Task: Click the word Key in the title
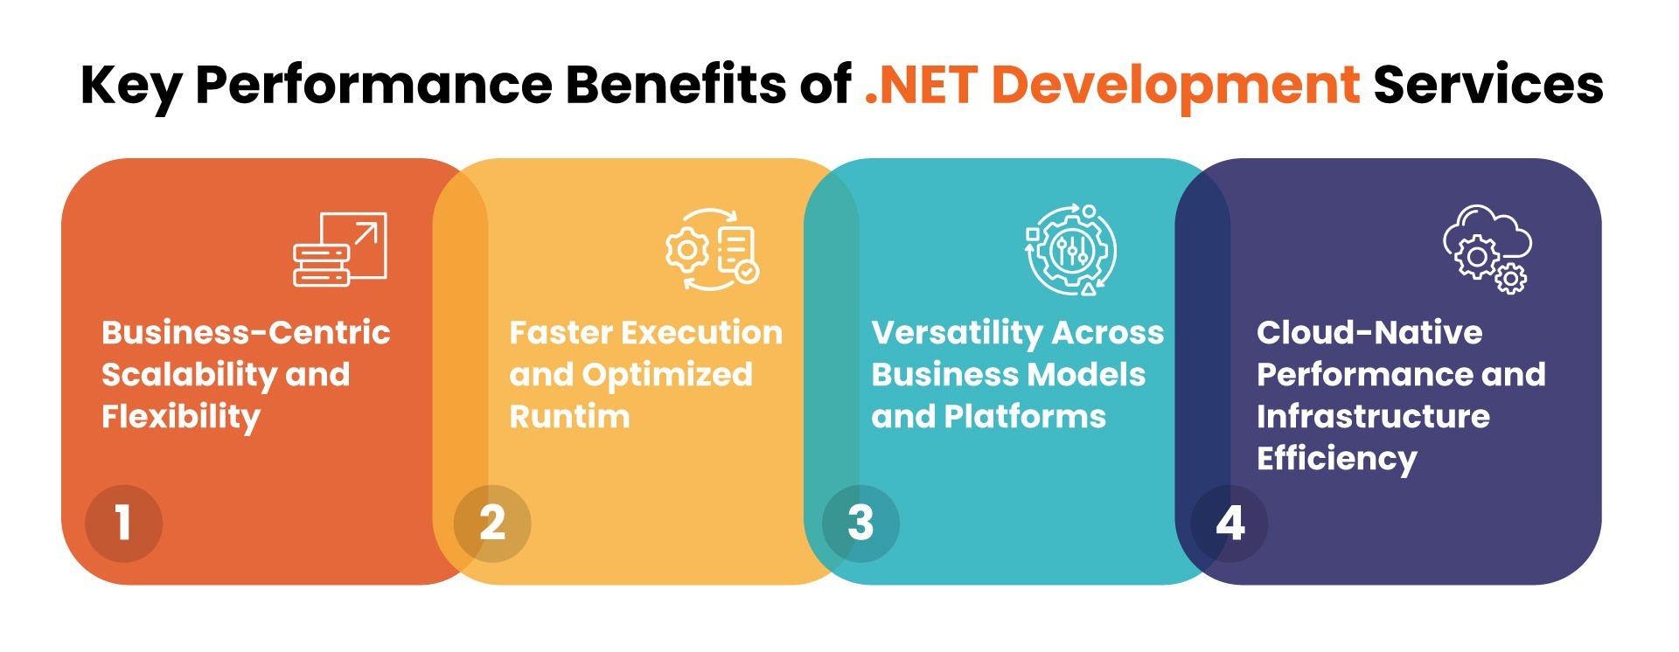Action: [x=131, y=86]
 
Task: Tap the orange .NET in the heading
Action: [x=920, y=85]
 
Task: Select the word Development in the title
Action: [x=1175, y=85]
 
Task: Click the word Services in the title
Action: [x=1488, y=85]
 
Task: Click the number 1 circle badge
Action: [x=123, y=523]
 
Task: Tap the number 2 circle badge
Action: [x=492, y=523]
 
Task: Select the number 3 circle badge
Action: [x=860, y=523]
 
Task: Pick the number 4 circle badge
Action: [x=1230, y=523]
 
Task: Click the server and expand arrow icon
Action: [x=339, y=249]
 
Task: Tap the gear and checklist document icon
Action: [x=712, y=249]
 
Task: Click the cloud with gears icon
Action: [x=1487, y=249]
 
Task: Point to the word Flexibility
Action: [x=181, y=417]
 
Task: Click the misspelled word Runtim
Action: [x=569, y=417]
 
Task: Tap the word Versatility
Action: [x=957, y=333]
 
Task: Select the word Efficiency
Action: [x=1336, y=459]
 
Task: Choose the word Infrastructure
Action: [x=1373, y=417]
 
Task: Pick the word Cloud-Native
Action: [x=1369, y=333]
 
